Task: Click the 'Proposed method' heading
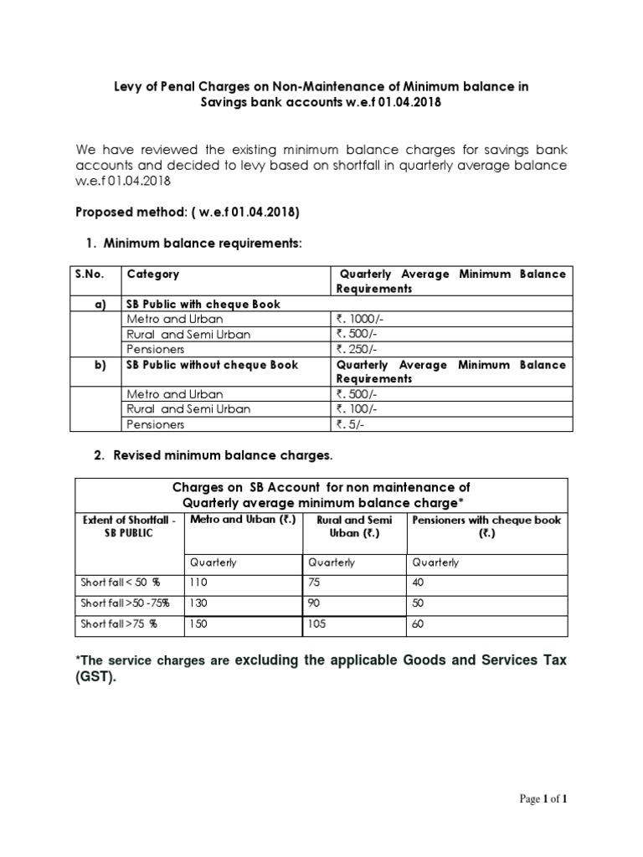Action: [x=188, y=213]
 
